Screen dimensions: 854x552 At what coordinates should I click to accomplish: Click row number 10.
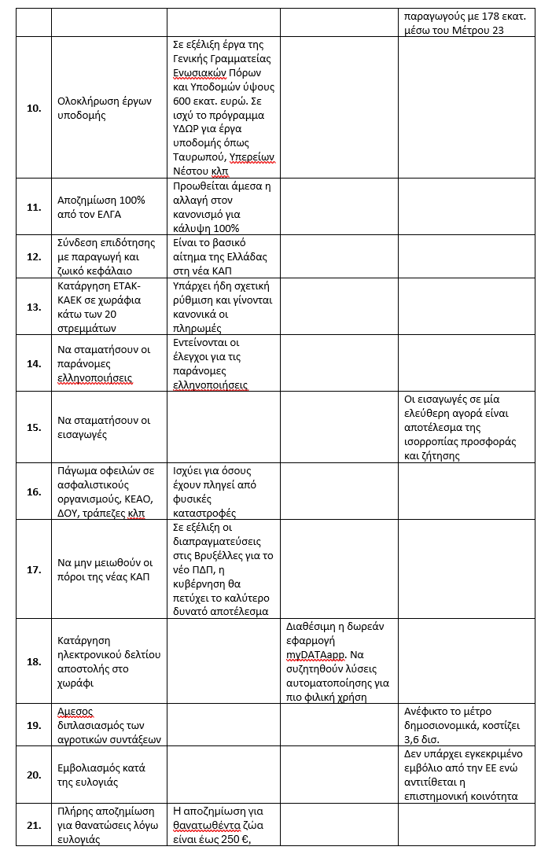[x=34, y=108]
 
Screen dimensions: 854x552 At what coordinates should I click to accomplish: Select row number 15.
[x=34, y=427]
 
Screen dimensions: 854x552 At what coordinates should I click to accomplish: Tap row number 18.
[x=34, y=661]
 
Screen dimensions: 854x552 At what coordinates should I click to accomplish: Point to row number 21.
[x=34, y=825]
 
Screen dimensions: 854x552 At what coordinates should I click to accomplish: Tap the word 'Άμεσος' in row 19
[x=75, y=711]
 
